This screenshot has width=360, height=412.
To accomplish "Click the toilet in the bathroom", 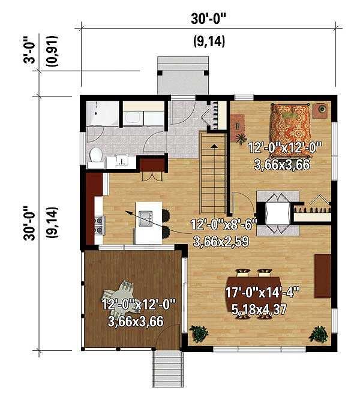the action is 95,155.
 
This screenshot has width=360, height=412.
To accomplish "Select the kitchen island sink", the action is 146,218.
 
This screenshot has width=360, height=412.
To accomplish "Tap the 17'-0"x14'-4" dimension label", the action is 262,293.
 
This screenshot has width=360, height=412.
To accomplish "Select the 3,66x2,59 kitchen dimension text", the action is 221,242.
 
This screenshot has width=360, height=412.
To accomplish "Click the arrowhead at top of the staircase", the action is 215,146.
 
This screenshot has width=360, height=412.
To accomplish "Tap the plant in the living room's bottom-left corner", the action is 199,333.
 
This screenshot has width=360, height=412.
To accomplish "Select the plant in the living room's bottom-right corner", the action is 319,334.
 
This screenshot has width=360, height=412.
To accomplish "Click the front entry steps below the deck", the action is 167,368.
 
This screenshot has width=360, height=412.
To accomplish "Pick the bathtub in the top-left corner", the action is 103,113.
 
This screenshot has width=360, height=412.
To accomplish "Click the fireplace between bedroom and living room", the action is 277,213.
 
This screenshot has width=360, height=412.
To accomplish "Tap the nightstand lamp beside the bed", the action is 322,109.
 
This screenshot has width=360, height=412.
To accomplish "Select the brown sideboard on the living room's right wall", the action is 322,275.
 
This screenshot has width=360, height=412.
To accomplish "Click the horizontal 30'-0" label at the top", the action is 209,19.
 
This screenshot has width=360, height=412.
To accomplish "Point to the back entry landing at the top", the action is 183,76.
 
